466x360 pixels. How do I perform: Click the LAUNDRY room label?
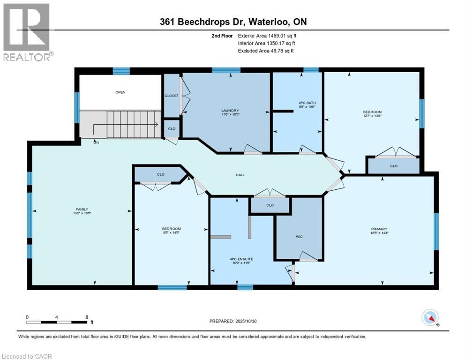227,111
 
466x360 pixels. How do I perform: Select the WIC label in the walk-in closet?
299,237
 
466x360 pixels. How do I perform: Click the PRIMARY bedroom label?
380,229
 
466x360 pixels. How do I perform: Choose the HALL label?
240,175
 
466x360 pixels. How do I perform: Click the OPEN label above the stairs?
120,92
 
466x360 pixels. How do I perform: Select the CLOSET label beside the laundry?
172,96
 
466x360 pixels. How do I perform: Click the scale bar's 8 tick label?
87,317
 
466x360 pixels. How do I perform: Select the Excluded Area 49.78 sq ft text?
266,51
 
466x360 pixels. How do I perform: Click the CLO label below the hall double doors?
270,205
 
